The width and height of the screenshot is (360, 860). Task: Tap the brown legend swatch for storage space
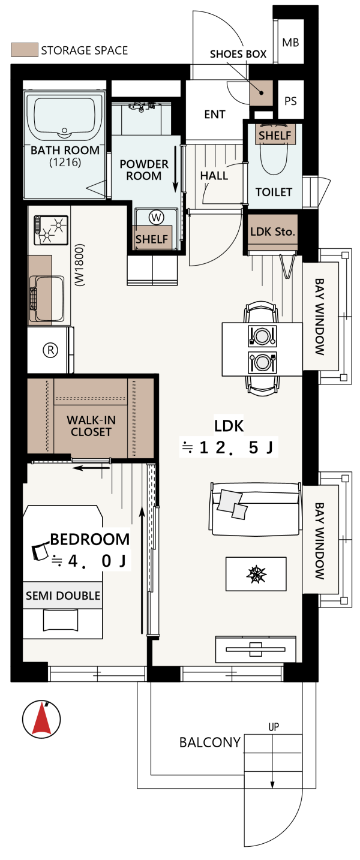(x=24, y=50)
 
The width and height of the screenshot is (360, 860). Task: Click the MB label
(x=290, y=43)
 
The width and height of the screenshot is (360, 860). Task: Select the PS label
(x=290, y=101)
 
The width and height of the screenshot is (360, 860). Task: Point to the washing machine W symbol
(x=156, y=218)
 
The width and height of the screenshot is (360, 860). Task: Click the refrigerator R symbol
(x=50, y=350)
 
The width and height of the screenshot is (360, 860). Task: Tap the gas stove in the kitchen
(x=51, y=230)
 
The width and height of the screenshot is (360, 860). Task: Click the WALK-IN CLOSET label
(x=91, y=426)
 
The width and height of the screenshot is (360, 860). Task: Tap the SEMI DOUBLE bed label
(x=63, y=596)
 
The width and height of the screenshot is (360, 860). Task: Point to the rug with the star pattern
(x=256, y=574)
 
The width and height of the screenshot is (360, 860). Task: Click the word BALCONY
(x=210, y=742)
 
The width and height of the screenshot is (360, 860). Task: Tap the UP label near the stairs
(x=274, y=727)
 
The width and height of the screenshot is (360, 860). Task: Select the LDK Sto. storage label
(x=272, y=231)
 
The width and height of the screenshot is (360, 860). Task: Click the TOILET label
(x=274, y=192)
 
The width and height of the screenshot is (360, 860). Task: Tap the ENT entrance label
(x=215, y=115)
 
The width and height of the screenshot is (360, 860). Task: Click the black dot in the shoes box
(x=261, y=93)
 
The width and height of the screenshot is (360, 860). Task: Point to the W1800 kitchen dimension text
(x=80, y=265)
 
